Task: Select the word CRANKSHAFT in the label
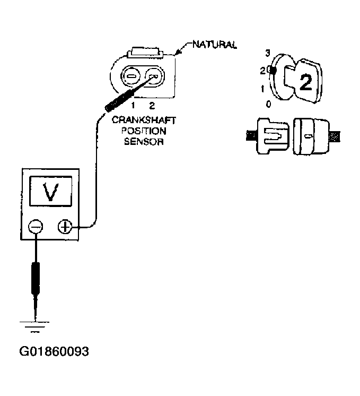point(145,121)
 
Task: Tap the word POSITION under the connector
point(145,131)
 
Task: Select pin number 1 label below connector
point(135,105)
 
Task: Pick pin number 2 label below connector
point(152,105)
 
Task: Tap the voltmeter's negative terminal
point(36,227)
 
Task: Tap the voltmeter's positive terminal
point(65,227)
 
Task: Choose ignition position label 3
point(268,53)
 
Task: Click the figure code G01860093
point(54,351)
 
